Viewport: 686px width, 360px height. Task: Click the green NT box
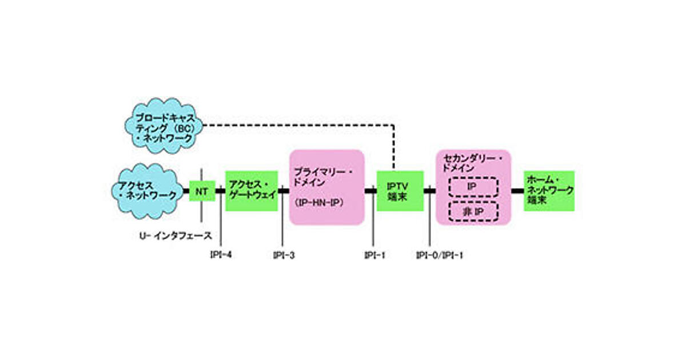(202, 191)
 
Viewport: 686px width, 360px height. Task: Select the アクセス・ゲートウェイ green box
(252, 191)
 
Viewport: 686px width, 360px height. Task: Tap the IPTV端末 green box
(400, 191)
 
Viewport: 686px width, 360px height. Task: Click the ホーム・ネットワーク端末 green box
(549, 191)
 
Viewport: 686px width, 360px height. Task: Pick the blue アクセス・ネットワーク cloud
(147, 191)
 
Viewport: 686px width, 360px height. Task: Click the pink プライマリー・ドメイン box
(327, 187)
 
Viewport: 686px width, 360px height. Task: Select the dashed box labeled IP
(472, 187)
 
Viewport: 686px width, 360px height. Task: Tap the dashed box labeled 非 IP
(472, 212)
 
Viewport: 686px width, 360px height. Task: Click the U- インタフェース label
(176, 235)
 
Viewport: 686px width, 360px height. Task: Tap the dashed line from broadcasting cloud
(297, 124)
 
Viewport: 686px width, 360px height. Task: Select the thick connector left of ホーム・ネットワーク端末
(517, 191)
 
